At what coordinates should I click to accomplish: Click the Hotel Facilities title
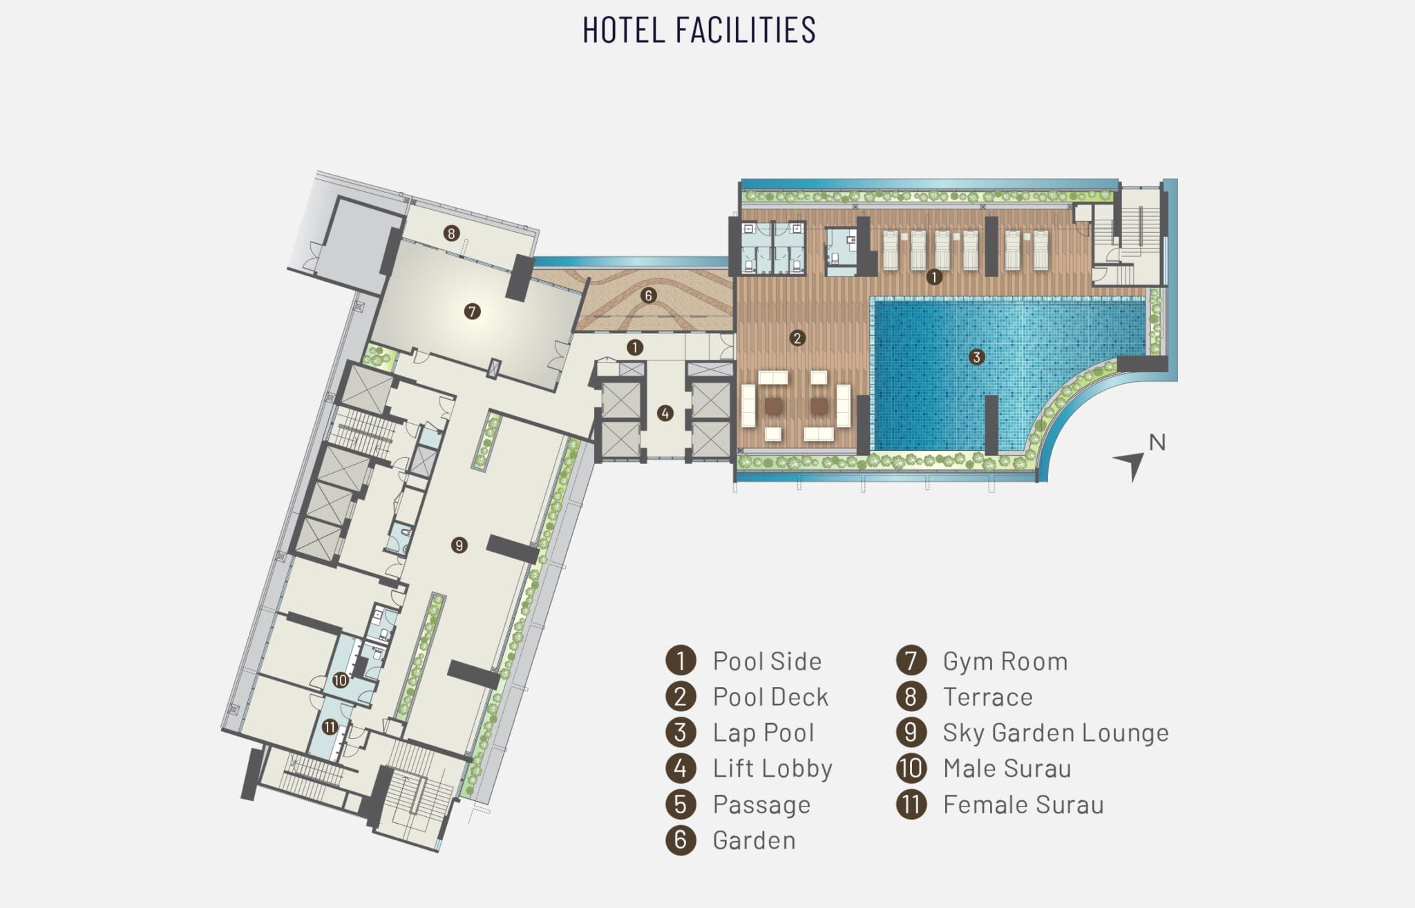tap(699, 30)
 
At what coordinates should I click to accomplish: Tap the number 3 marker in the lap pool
tap(976, 357)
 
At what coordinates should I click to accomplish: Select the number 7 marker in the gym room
tap(472, 311)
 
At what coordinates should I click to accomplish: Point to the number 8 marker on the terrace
tap(451, 233)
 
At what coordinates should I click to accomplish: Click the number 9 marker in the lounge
tap(459, 545)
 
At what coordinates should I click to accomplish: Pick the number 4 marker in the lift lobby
tap(665, 414)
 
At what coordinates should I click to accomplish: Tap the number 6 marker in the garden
tap(648, 296)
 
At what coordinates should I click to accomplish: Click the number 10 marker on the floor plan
tap(340, 680)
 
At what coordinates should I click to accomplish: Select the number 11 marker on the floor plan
tap(330, 727)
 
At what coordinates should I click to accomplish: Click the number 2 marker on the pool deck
tap(797, 338)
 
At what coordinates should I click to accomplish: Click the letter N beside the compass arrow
tap(1157, 443)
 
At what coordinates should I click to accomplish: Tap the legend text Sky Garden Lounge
tap(1056, 733)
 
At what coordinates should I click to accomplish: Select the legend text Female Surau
tap(1023, 805)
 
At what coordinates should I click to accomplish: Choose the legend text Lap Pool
tap(763, 733)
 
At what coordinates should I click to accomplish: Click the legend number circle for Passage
tap(681, 804)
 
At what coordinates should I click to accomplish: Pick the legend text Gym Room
tap(1005, 661)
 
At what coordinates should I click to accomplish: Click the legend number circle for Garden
tap(681, 840)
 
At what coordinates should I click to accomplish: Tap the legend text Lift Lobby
tap(772, 769)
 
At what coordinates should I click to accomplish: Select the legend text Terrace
tap(988, 697)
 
